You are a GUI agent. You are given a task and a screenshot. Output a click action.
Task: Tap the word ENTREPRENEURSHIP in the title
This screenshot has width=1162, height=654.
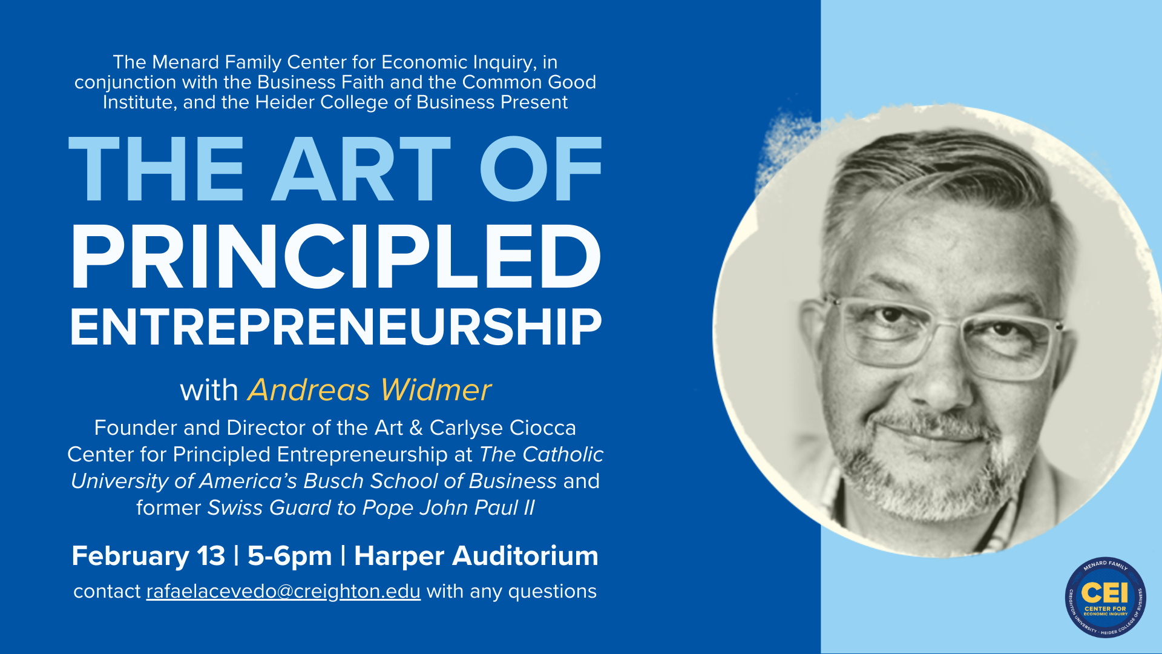point(336,328)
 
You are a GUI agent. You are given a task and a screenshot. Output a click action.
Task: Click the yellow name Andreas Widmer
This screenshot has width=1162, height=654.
point(369,390)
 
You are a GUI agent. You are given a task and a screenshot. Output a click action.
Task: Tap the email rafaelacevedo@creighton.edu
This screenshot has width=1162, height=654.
point(283,592)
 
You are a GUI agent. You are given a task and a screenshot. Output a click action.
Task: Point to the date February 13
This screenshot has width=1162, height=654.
point(148,556)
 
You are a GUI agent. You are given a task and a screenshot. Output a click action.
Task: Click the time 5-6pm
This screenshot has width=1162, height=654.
point(290,556)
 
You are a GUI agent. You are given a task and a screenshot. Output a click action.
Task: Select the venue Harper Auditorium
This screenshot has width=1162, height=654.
point(476,556)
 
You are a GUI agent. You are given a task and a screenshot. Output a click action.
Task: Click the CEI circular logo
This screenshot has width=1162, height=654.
point(1105,598)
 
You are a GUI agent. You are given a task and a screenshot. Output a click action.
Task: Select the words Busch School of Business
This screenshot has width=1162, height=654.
point(430,481)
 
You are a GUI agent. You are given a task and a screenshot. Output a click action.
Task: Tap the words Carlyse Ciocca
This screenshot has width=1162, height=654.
point(503,428)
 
